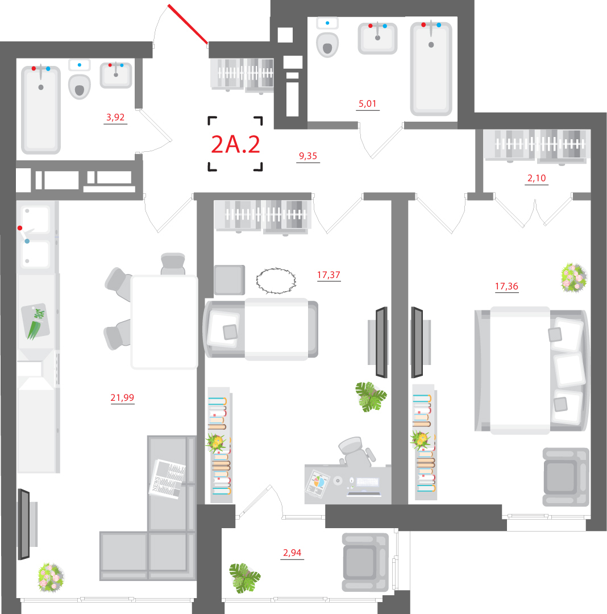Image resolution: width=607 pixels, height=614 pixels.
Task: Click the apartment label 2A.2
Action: click(235, 144)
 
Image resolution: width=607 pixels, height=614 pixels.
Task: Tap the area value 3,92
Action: click(115, 118)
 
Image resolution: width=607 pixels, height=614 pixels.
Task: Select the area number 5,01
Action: click(368, 103)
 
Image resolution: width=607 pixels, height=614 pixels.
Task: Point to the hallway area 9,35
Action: click(308, 156)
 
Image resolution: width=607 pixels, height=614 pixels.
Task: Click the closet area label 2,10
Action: click(537, 178)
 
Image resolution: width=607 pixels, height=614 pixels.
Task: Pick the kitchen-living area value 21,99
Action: click(122, 398)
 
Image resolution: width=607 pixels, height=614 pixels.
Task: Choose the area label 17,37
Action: click(329, 275)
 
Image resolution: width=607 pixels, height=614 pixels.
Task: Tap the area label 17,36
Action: click(506, 286)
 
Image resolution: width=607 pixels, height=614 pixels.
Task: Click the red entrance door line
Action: click(188, 24)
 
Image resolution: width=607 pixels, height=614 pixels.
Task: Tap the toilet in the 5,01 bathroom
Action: click(327, 43)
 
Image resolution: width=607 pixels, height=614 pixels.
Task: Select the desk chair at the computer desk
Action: click(356, 451)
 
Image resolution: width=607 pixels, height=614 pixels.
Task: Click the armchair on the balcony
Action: click(364, 562)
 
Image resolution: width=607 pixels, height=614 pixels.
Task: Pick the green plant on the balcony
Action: click(245, 578)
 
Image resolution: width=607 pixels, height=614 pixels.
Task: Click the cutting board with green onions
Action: click(36, 321)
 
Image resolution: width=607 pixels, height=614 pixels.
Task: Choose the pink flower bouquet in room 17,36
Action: click(573, 277)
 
